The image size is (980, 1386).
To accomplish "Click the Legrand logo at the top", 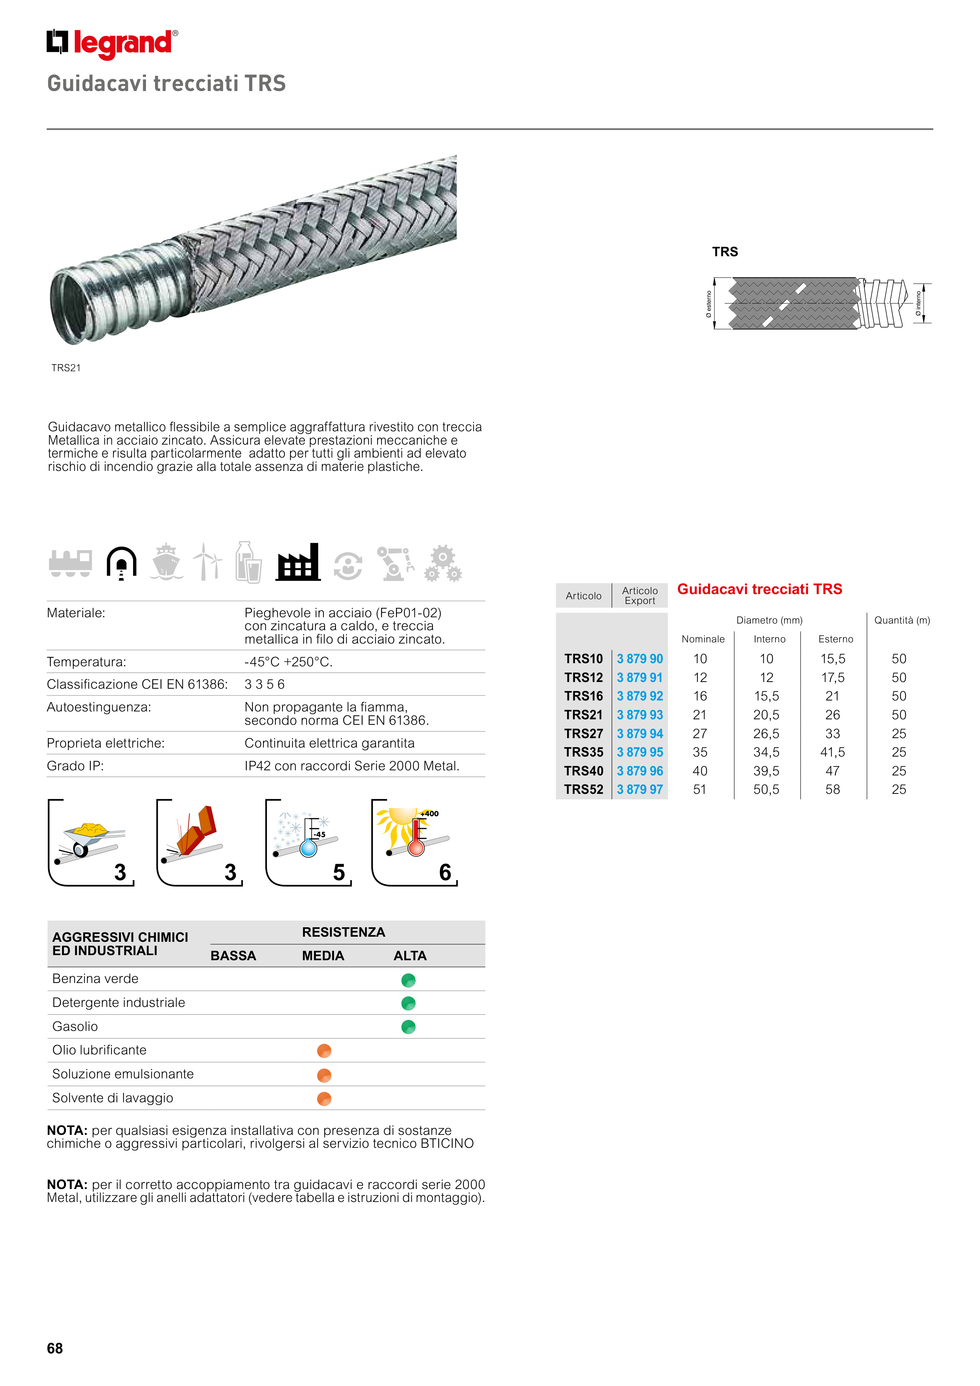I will click(x=112, y=44).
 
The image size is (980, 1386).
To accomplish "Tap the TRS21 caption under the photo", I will click(x=66, y=368).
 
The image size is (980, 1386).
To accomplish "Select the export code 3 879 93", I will click(x=639, y=715).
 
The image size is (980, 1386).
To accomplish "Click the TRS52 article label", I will click(x=583, y=790).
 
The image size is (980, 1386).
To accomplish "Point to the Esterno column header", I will click(x=835, y=639).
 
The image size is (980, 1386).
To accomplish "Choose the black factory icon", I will click(x=297, y=563).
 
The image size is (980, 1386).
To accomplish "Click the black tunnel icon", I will click(x=121, y=563).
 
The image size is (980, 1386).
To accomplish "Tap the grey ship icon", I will click(x=166, y=563).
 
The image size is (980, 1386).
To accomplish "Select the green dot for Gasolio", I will click(x=408, y=1027).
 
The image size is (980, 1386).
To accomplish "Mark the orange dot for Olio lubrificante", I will click(x=324, y=1051).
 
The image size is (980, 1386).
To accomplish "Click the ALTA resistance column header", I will click(x=410, y=956).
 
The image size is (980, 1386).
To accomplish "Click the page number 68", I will click(x=55, y=1348).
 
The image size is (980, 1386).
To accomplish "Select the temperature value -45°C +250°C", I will click(x=288, y=662).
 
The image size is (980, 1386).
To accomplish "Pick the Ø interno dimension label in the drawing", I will click(x=918, y=303).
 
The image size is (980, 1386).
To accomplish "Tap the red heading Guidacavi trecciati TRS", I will click(x=759, y=589).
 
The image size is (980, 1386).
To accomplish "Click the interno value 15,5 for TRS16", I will click(x=766, y=696).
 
